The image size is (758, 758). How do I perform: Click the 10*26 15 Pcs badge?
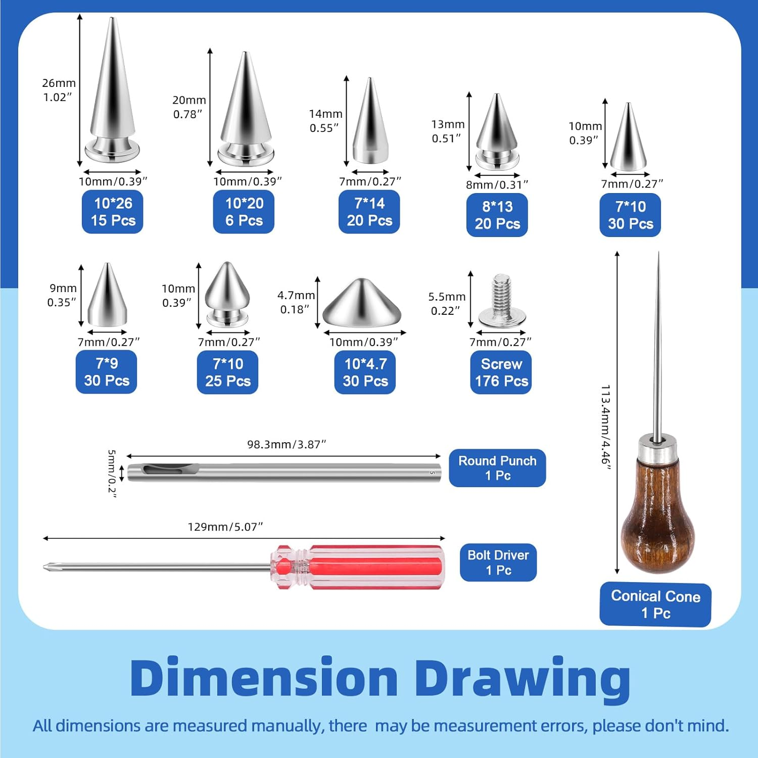click(x=112, y=212)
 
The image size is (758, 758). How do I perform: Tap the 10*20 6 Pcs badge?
click(x=244, y=212)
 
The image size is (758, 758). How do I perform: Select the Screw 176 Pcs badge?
click(x=501, y=372)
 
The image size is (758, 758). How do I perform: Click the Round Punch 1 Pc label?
click(x=497, y=468)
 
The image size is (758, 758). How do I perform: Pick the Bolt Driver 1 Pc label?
click(x=498, y=562)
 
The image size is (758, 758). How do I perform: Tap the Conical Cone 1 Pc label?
click(x=655, y=604)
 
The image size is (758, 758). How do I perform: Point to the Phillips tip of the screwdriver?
click(x=46, y=566)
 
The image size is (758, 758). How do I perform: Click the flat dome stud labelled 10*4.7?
click(x=362, y=303)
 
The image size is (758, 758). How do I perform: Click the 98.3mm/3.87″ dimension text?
click(x=287, y=445)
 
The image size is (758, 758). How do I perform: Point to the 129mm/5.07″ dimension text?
click(x=225, y=527)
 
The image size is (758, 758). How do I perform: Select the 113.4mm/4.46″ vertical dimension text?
click(x=606, y=427)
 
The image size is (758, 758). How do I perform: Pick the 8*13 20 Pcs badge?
click(x=497, y=215)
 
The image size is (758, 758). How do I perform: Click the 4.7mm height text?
click(x=296, y=295)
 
